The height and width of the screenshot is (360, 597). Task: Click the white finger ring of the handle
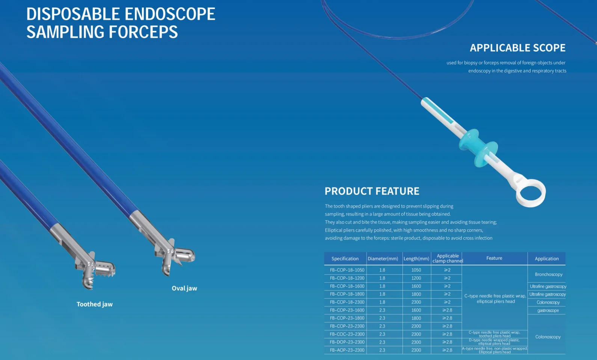pyautogui.click(x=530, y=193)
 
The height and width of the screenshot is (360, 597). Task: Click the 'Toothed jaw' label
pyautogui.click(x=95, y=304)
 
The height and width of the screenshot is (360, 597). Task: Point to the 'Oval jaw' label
pyautogui.click(x=184, y=288)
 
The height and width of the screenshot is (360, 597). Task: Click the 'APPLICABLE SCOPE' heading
pyautogui.click(x=517, y=48)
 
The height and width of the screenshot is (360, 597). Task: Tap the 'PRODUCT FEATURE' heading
pyautogui.click(x=372, y=191)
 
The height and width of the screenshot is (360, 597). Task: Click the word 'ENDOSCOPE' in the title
pyautogui.click(x=170, y=14)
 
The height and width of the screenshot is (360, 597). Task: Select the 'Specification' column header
pyautogui.click(x=345, y=259)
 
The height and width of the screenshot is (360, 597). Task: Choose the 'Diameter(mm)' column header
pyautogui.click(x=383, y=259)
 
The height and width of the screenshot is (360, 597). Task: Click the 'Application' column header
pyautogui.click(x=546, y=259)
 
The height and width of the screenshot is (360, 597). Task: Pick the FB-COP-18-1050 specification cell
pyautogui.click(x=347, y=270)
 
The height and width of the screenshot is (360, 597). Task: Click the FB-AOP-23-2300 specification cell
pyautogui.click(x=347, y=350)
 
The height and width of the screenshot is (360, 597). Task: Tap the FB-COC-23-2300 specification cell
pyautogui.click(x=347, y=334)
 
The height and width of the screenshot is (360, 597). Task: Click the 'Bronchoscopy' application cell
pyautogui.click(x=549, y=274)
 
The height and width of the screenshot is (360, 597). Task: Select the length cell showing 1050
pyautogui.click(x=416, y=270)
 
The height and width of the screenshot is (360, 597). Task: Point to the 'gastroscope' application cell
pyautogui.click(x=548, y=310)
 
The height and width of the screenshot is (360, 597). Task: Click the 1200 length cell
pyautogui.click(x=416, y=278)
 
